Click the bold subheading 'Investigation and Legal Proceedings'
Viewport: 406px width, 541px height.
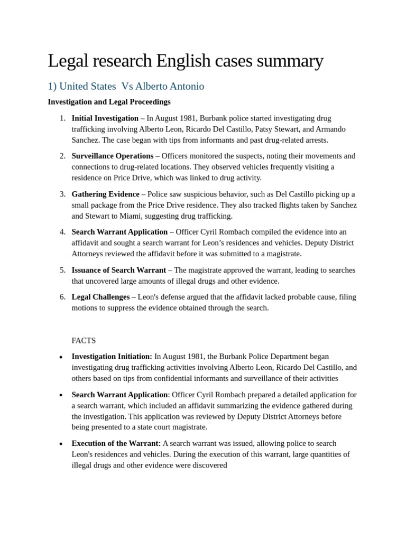[x=109, y=101]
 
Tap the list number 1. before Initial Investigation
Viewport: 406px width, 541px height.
[x=62, y=118]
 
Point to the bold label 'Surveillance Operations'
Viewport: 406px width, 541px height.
[x=112, y=156]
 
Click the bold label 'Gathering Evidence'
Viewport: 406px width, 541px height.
[x=105, y=194]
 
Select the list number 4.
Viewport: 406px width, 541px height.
[x=62, y=232]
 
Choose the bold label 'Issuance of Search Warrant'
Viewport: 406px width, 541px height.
[x=118, y=270]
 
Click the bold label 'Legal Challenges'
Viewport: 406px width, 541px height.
[x=100, y=297]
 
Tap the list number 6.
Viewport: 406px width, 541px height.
[x=62, y=297]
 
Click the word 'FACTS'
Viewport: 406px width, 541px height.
[x=84, y=341]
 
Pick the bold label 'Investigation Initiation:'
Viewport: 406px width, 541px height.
[x=112, y=357]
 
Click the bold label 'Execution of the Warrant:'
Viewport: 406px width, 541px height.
[x=116, y=443]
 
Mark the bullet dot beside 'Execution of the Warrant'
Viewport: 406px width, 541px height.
[x=61, y=444]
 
